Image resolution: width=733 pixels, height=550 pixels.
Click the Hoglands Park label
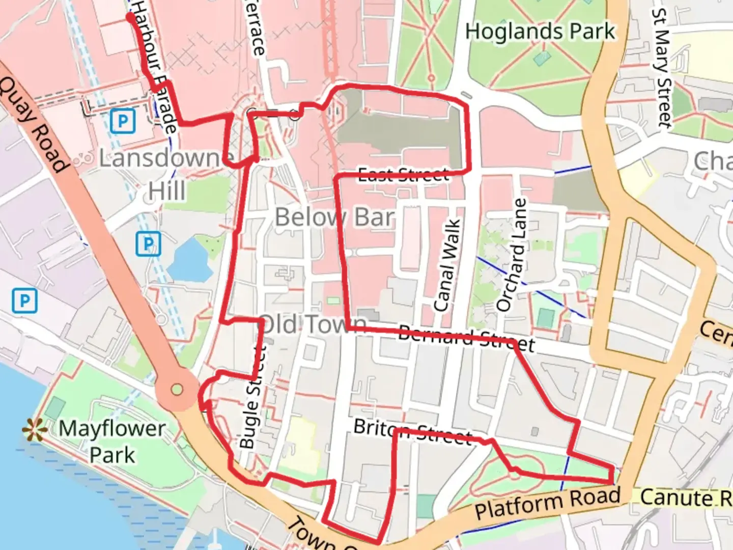click(x=540, y=32)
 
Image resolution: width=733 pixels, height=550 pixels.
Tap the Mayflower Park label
click(x=112, y=442)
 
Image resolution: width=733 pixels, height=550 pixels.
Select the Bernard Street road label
click(x=466, y=339)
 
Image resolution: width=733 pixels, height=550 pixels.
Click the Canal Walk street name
click(x=447, y=265)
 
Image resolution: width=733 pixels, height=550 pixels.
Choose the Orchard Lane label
click(x=512, y=255)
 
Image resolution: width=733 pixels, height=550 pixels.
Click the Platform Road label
click(x=548, y=503)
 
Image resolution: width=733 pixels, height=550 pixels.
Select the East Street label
click(x=404, y=175)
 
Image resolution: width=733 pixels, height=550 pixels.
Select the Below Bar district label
click(x=334, y=217)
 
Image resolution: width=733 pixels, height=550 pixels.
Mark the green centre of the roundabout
click(x=177, y=390)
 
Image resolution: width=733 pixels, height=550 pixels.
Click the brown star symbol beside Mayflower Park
click(x=35, y=430)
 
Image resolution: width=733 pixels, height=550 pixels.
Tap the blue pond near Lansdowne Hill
click(x=190, y=260)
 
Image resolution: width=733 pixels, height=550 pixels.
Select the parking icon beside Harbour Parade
click(x=123, y=121)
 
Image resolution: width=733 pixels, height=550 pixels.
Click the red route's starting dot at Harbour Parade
click(x=130, y=16)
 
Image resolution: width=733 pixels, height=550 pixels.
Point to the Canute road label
click(x=685, y=498)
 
